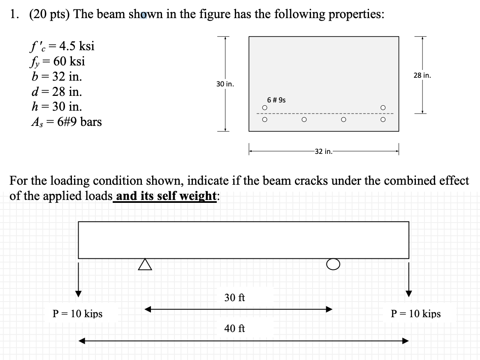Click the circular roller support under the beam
point(334,264)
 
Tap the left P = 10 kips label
point(78,314)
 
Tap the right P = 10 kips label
point(415,314)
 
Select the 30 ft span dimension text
point(234,297)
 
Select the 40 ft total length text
point(234,328)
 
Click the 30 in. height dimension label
point(225,84)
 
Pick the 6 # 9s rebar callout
point(276,100)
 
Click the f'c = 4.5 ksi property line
point(62,46)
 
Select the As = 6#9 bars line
point(66,122)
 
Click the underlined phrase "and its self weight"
point(166,196)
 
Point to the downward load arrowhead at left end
point(78,293)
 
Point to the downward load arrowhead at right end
point(408,293)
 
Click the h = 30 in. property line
point(56,107)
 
